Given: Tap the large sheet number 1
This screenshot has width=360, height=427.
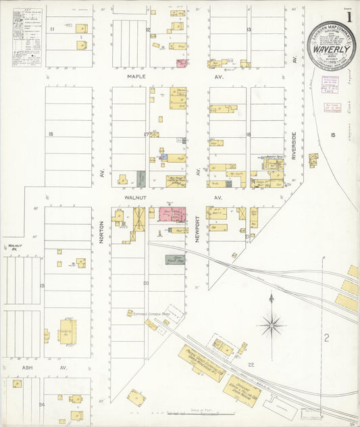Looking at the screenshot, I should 349,16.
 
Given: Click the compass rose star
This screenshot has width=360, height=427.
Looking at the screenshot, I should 272,324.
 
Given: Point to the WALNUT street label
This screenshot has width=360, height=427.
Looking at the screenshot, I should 136,197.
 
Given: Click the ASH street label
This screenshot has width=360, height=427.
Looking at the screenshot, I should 27,368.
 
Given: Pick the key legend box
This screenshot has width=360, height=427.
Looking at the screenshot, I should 27,36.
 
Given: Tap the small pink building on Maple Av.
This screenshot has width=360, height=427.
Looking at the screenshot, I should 182,64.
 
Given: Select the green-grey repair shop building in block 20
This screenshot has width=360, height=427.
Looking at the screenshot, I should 175,259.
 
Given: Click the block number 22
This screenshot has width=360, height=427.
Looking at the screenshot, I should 251,365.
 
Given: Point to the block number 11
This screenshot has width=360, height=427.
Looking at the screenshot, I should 51,30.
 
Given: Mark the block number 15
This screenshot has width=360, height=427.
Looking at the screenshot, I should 332,135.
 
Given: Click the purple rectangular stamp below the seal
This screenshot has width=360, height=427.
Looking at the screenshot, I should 330,84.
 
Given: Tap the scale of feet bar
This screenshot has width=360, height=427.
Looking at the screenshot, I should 203,413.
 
